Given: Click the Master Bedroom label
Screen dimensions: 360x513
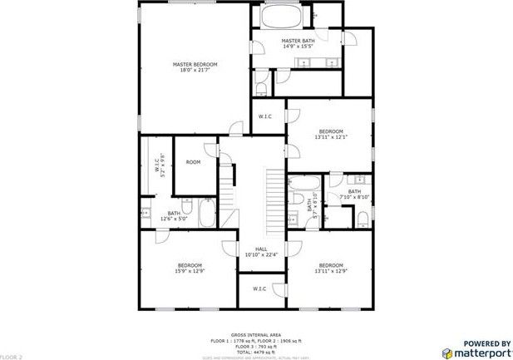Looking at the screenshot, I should pyautogui.click(x=195, y=67).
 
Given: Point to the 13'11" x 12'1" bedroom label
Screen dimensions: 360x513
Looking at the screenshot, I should pyautogui.click(x=331, y=135).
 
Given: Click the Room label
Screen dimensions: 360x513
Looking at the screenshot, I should pyautogui.click(x=193, y=162).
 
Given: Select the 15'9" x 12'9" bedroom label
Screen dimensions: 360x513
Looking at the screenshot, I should pyautogui.click(x=190, y=268).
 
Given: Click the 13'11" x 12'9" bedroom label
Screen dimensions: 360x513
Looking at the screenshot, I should pyautogui.click(x=331, y=268).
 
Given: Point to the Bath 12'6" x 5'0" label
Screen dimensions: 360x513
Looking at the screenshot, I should pyautogui.click(x=174, y=216).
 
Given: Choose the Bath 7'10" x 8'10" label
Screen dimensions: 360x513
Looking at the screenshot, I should pyautogui.click(x=354, y=195).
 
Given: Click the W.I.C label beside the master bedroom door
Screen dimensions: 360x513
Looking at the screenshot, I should pyautogui.click(x=266, y=116).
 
